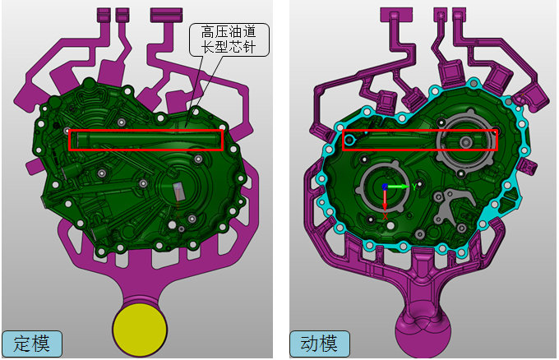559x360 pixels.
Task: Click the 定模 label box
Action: [x=32, y=344]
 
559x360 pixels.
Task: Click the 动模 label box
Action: [x=320, y=344]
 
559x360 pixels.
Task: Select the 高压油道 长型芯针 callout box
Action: [x=229, y=39]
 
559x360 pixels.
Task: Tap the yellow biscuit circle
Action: [x=140, y=330]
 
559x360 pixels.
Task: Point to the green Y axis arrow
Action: [x=399, y=187]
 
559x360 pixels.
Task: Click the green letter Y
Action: [x=414, y=187]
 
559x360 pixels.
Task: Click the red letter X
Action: [x=386, y=216]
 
